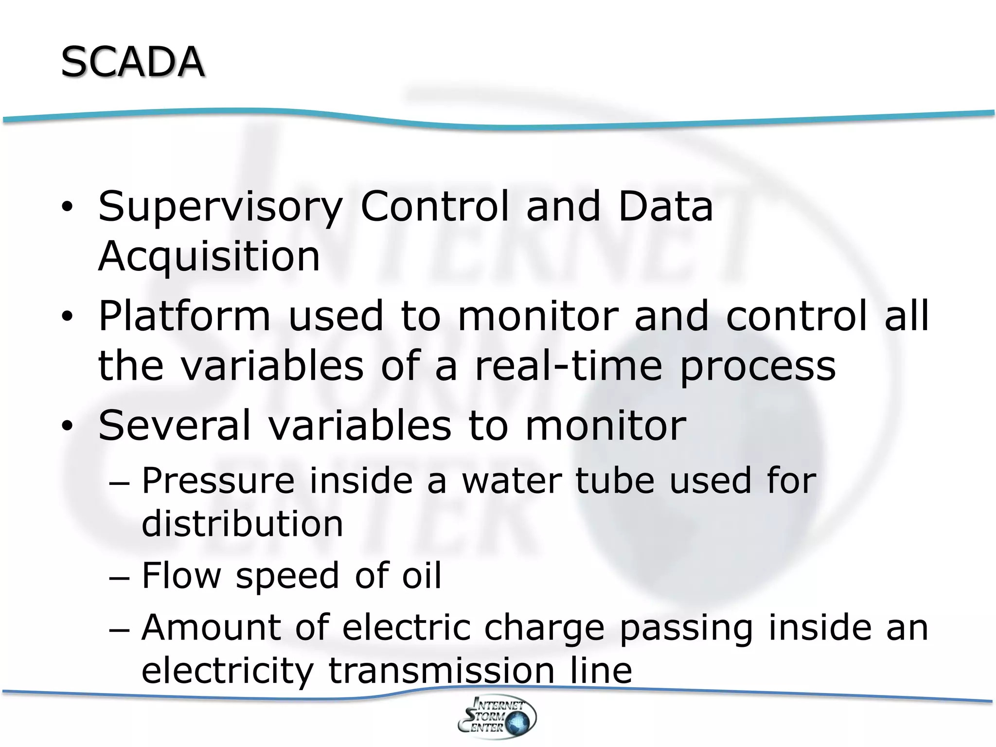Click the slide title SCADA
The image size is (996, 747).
tap(132, 62)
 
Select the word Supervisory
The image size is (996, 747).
tap(220, 207)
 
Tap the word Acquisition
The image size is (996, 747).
tap(209, 256)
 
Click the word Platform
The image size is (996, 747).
tap(184, 316)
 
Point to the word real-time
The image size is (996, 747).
tap(568, 366)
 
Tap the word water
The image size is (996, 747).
tap(511, 480)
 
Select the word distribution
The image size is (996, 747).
tap(242, 524)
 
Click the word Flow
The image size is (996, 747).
tap(181, 575)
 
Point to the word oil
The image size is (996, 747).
tap(422, 575)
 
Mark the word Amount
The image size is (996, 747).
tap(211, 627)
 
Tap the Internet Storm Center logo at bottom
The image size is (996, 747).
tap(497, 717)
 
